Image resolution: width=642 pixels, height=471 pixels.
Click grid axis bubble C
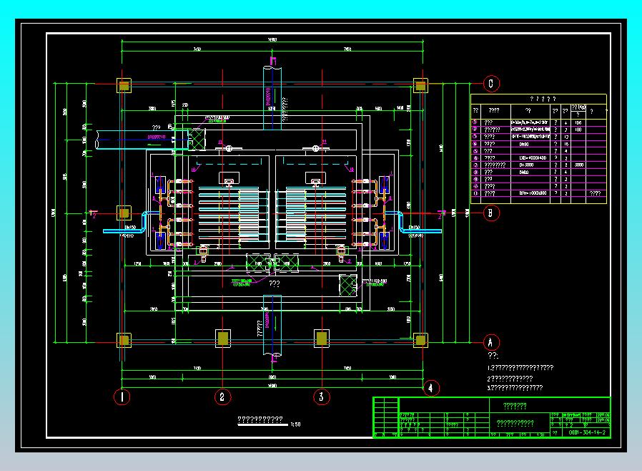point(490,84)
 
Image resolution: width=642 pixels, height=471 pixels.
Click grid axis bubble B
point(490,213)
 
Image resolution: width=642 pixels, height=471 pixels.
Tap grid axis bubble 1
point(123,396)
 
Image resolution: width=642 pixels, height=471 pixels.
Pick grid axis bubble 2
point(222,396)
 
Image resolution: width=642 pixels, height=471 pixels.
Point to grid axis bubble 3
point(322,396)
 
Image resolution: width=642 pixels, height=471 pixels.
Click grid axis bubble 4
point(430,389)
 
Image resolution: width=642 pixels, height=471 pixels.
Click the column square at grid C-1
point(124,86)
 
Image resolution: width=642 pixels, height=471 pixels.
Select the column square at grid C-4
point(421,86)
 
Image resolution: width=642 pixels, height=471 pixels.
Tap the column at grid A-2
point(222,338)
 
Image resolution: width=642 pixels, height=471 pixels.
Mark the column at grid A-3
point(322,338)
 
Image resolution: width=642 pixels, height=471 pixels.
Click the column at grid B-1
point(124,213)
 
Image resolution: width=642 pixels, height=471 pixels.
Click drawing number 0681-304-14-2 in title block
point(587,433)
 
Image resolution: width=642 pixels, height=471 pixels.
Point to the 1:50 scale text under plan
point(296,424)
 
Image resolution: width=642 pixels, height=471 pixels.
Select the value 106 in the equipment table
point(578,122)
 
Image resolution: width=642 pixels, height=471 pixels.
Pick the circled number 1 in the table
point(475,122)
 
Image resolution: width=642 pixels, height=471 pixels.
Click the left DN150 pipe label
point(131,227)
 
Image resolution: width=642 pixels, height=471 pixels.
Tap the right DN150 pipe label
point(414,227)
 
